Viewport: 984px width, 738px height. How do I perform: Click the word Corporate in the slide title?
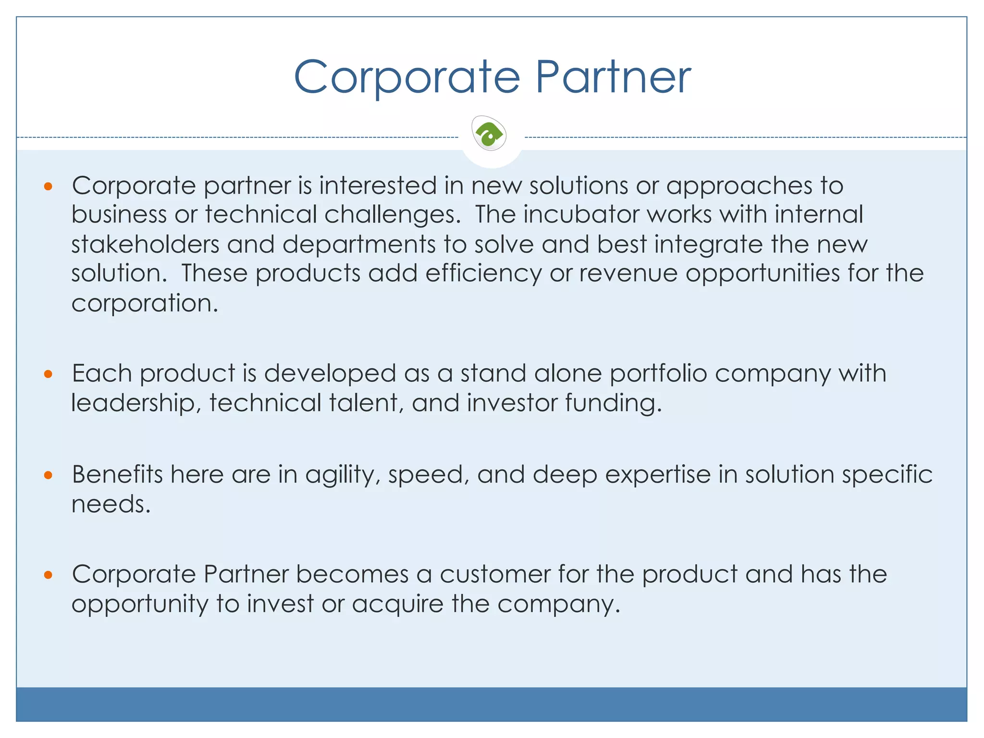407,77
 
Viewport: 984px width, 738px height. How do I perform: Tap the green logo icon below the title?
489,134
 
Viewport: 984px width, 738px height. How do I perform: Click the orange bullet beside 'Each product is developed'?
48,374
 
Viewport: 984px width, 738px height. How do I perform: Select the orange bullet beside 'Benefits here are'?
48,475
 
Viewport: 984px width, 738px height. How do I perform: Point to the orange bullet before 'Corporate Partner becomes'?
48,575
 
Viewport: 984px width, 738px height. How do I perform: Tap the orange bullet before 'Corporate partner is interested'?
48,186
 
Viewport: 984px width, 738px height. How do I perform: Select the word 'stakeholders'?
145,244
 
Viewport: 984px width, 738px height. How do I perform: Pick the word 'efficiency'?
483,274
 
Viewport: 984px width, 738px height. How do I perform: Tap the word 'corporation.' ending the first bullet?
145,304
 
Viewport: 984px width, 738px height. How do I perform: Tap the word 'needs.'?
111,504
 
